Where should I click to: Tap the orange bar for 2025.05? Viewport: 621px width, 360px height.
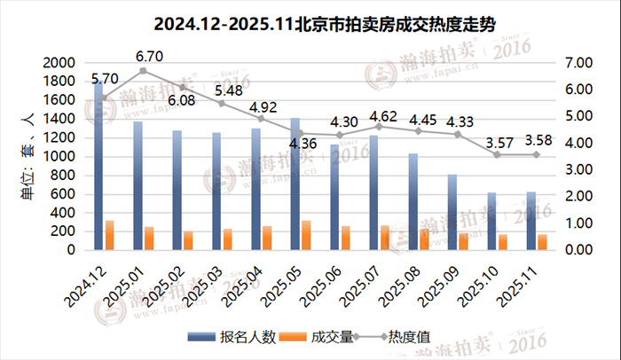(x=306, y=235)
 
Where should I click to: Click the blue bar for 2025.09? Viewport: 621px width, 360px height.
(x=452, y=212)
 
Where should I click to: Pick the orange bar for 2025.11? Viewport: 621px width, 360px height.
(x=542, y=241)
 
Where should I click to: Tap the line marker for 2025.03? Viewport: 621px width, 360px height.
(x=222, y=104)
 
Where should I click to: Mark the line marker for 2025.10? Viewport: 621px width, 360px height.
(x=497, y=154)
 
